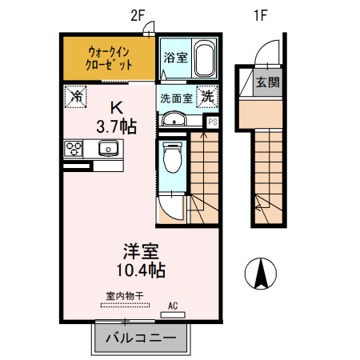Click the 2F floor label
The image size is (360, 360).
coord(138,15)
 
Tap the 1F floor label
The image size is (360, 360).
coord(260,15)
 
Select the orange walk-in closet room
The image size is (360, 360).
coord(109,58)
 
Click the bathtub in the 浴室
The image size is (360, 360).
coord(205,58)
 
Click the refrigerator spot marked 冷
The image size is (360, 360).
coord(76,97)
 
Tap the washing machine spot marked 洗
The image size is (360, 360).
coord(207,97)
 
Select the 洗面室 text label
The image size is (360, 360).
coord(176,99)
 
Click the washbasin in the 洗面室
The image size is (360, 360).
coord(174,119)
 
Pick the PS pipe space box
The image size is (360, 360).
coord(213,122)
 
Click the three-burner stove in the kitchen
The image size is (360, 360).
coord(74,149)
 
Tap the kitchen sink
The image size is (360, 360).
coord(108,148)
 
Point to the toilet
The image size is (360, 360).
coord(172,158)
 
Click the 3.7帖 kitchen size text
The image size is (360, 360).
coord(117,126)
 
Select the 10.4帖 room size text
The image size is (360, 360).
coord(141,270)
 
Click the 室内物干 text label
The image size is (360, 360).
coord(125,296)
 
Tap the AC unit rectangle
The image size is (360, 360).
coord(173,314)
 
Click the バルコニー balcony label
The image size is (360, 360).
coord(141,338)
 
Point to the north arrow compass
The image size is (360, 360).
coord(261,274)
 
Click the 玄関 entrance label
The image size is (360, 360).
coord(267,82)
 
